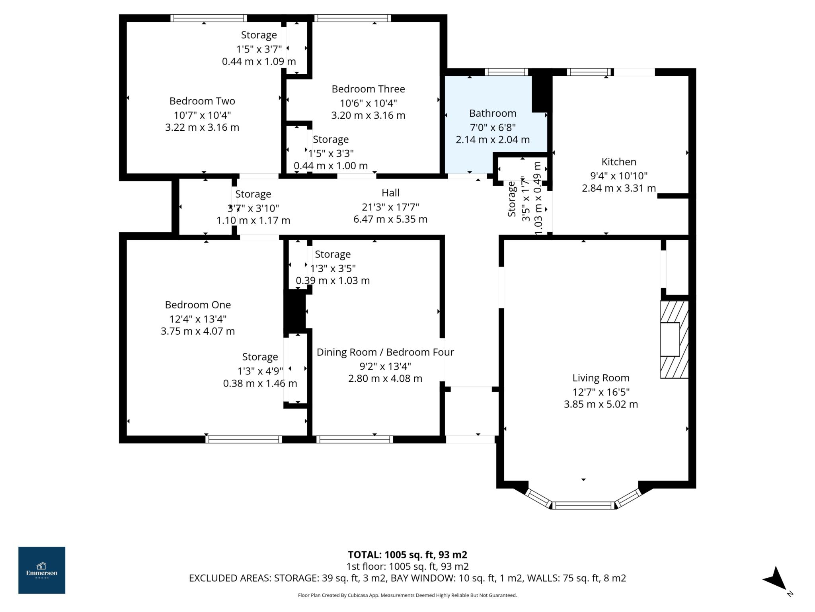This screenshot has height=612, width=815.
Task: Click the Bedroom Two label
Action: tap(202, 101)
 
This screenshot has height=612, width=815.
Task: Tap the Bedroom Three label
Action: tap(368, 89)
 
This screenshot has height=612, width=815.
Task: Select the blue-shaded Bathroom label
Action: tap(493, 114)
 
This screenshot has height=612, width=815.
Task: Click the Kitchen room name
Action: tap(618, 162)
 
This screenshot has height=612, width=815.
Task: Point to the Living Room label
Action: tap(601, 378)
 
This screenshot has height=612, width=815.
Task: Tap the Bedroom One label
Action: tap(198, 305)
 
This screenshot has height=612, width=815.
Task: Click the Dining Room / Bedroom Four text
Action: tap(385, 353)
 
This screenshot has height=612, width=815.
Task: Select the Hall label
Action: tap(390, 193)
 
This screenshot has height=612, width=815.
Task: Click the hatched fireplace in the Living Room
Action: tap(674, 339)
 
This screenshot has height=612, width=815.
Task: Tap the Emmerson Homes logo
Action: tap(42, 570)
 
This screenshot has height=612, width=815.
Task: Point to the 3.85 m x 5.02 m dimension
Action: tap(601, 404)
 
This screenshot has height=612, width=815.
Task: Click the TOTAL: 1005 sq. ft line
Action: tap(407, 555)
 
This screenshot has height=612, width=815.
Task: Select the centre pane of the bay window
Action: tap(583, 506)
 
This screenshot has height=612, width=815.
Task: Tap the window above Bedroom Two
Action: tap(209, 18)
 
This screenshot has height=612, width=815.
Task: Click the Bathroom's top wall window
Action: tap(506, 72)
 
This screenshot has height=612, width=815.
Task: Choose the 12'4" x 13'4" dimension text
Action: tap(198, 319)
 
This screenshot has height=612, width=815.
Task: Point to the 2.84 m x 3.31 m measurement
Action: tap(618, 188)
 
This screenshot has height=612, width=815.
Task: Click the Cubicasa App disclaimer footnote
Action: tap(407, 595)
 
